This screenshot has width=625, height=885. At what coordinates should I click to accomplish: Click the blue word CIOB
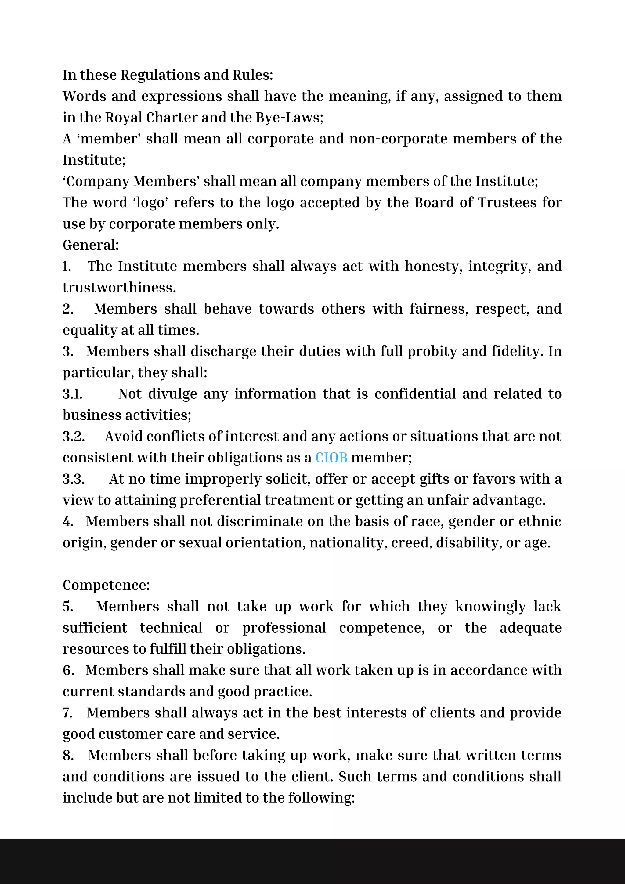point(331,458)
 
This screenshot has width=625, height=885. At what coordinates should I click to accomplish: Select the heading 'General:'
point(91,245)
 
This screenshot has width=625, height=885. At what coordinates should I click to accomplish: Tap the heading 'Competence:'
point(106,585)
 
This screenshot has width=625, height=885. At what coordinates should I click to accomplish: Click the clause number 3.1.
point(72,394)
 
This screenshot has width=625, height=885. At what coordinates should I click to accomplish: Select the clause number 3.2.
point(74,436)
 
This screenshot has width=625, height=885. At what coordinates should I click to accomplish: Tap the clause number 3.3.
point(74,479)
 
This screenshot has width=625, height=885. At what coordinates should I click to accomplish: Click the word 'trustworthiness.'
point(119,288)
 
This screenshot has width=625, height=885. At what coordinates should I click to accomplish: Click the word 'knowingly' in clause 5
point(490,606)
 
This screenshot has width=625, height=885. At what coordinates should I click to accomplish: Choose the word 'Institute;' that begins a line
point(94,160)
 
